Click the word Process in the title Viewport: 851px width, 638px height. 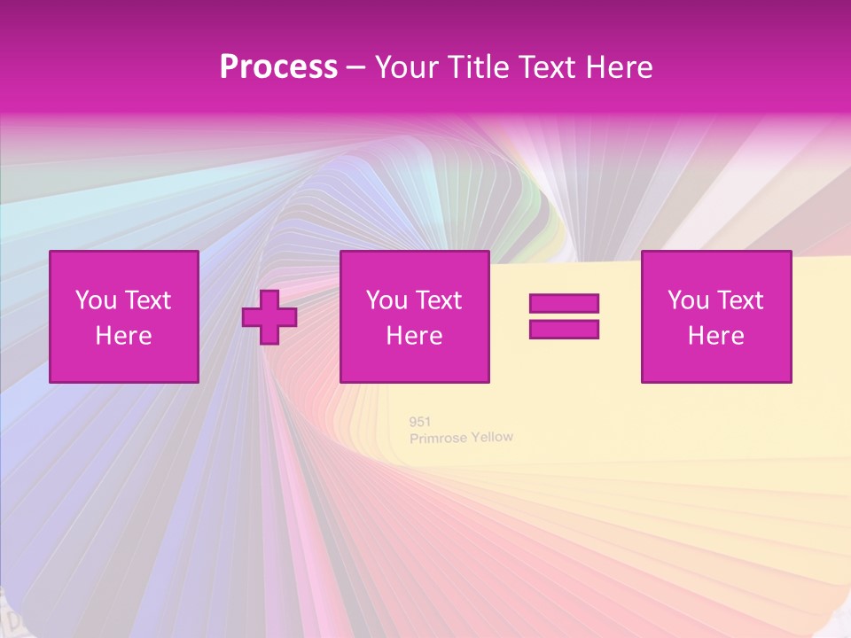[278, 67]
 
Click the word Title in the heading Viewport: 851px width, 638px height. [476, 67]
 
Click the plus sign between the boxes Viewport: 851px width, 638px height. [269, 317]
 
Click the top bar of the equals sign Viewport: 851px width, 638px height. [564, 304]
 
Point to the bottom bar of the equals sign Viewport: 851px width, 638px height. [564, 330]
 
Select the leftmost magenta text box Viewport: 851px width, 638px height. [124, 317]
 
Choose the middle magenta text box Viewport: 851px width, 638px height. [414, 317]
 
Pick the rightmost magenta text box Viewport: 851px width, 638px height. [716, 317]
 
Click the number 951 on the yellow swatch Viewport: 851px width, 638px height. [420, 422]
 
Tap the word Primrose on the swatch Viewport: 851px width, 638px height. [439, 439]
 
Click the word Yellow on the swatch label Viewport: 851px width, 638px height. [492, 437]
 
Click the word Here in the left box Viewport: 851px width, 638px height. [124, 336]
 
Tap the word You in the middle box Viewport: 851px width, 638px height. [386, 300]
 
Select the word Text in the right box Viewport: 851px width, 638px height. [741, 300]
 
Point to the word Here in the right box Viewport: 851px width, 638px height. [716, 336]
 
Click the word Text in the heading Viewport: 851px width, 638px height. [543, 67]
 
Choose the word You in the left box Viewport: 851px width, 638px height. [96, 300]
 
